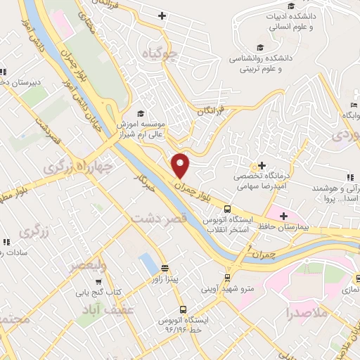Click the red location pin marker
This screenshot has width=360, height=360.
(181, 165)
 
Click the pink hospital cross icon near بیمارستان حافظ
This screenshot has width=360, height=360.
(283, 215)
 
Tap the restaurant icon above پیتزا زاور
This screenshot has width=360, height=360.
(165, 267)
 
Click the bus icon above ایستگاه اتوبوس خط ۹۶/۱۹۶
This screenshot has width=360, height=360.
(183, 309)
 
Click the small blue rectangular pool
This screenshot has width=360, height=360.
(149, 264)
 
